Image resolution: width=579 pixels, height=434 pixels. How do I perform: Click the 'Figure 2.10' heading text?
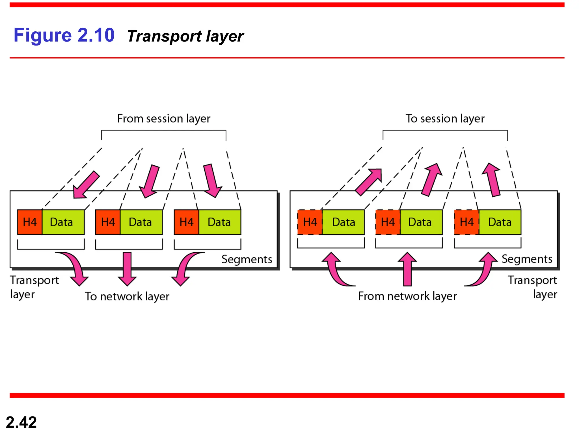pos(64,35)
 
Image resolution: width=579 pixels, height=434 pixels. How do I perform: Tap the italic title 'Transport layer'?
pos(185,36)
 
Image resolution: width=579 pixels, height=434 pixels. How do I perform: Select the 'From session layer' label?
pos(164,119)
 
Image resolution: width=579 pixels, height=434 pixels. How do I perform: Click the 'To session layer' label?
pos(445,119)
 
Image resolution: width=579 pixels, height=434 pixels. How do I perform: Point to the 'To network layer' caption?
pos(127,296)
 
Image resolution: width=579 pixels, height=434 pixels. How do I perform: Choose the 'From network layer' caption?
pos(407,296)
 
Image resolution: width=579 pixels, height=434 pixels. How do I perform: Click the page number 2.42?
pos(21,422)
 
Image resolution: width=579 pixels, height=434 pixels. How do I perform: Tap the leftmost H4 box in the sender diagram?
pos(30,222)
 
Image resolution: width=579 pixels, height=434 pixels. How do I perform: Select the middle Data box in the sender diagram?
pos(141,222)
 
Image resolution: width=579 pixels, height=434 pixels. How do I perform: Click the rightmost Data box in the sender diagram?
pos(220,222)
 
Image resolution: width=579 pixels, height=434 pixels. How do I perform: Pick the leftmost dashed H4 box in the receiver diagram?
pos(310,222)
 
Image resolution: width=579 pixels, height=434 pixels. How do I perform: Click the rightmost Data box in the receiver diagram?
pos(500,222)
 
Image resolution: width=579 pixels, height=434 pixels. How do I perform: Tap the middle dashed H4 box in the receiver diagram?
pos(388,222)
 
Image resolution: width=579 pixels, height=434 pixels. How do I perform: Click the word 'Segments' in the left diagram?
pos(247,259)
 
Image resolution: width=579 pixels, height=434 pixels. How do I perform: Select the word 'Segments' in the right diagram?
pos(527,259)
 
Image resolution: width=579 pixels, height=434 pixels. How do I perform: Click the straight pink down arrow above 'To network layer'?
pos(127,268)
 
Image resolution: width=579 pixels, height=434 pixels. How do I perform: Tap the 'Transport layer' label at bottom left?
pos(34,287)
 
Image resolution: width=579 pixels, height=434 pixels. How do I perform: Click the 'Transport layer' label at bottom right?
pos(533,287)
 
